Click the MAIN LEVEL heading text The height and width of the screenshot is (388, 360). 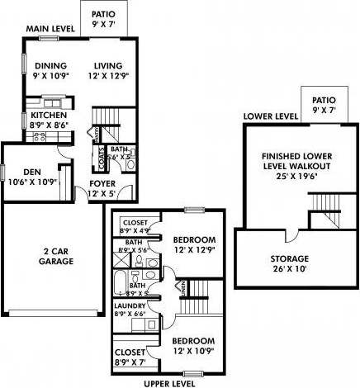pyautogui.click(x=50, y=29)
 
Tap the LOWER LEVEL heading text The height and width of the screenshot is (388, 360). pyautogui.click(x=269, y=116)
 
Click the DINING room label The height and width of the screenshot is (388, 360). pyautogui.click(x=50, y=67)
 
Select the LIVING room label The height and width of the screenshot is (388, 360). pyautogui.click(x=107, y=67)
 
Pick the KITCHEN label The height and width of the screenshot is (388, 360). pyautogui.click(x=47, y=116)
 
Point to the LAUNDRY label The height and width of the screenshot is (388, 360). pyautogui.click(x=130, y=305)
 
